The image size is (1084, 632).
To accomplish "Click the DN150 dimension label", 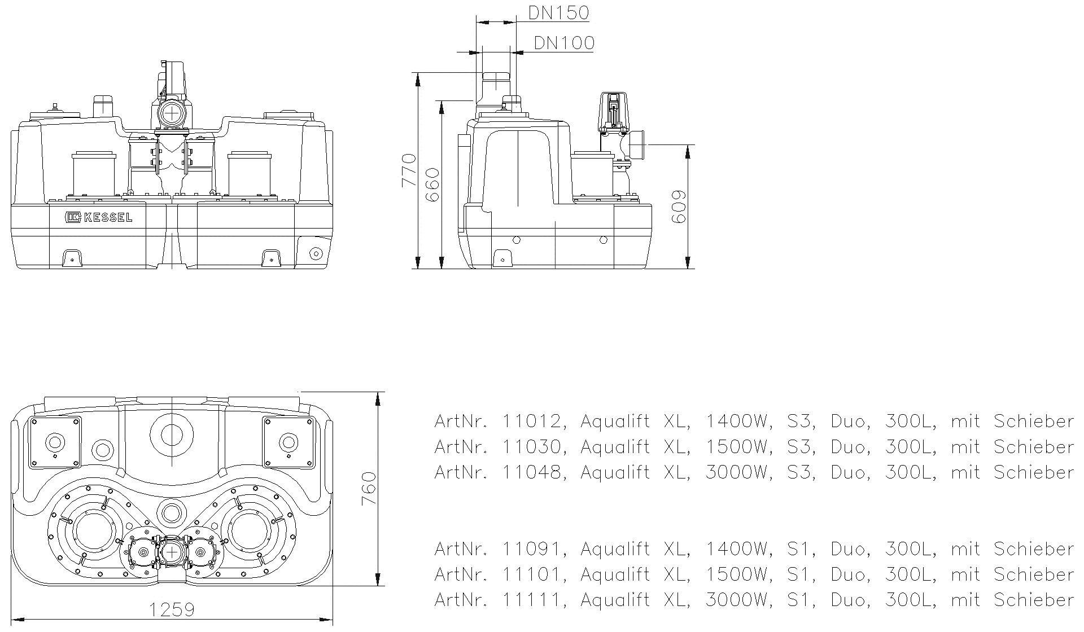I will [x=558, y=12].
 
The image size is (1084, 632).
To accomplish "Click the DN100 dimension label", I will [x=563, y=43].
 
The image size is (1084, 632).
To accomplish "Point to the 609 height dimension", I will [x=679, y=206].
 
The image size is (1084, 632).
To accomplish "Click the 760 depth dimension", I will [x=368, y=488].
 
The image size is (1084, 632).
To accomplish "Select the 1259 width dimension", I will [x=172, y=610].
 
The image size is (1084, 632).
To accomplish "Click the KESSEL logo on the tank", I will [x=98, y=217].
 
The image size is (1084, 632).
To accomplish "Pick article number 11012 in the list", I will [x=532, y=422].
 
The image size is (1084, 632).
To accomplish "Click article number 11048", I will [x=532, y=472].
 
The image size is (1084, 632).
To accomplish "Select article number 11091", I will [x=532, y=548].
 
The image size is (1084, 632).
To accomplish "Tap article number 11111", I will [x=532, y=599].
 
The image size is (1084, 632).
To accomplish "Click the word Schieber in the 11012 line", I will [x=1033, y=422].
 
